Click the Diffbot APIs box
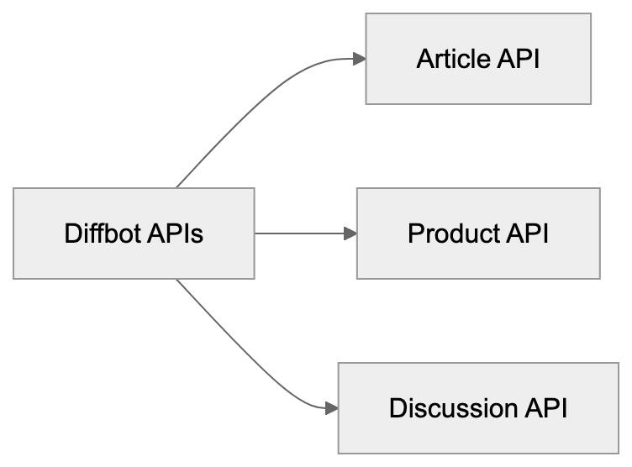(134, 233)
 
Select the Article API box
(478, 59)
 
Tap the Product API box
(478, 233)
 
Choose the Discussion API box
(478, 408)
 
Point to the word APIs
(175, 233)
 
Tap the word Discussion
(453, 408)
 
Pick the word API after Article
(518, 59)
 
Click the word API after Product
(527, 233)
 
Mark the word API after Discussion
(546, 408)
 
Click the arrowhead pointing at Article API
(359, 59)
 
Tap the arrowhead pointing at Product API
(350, 233)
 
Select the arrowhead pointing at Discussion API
(331, 408)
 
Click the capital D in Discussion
(397, 408)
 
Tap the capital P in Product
(414, 233)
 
